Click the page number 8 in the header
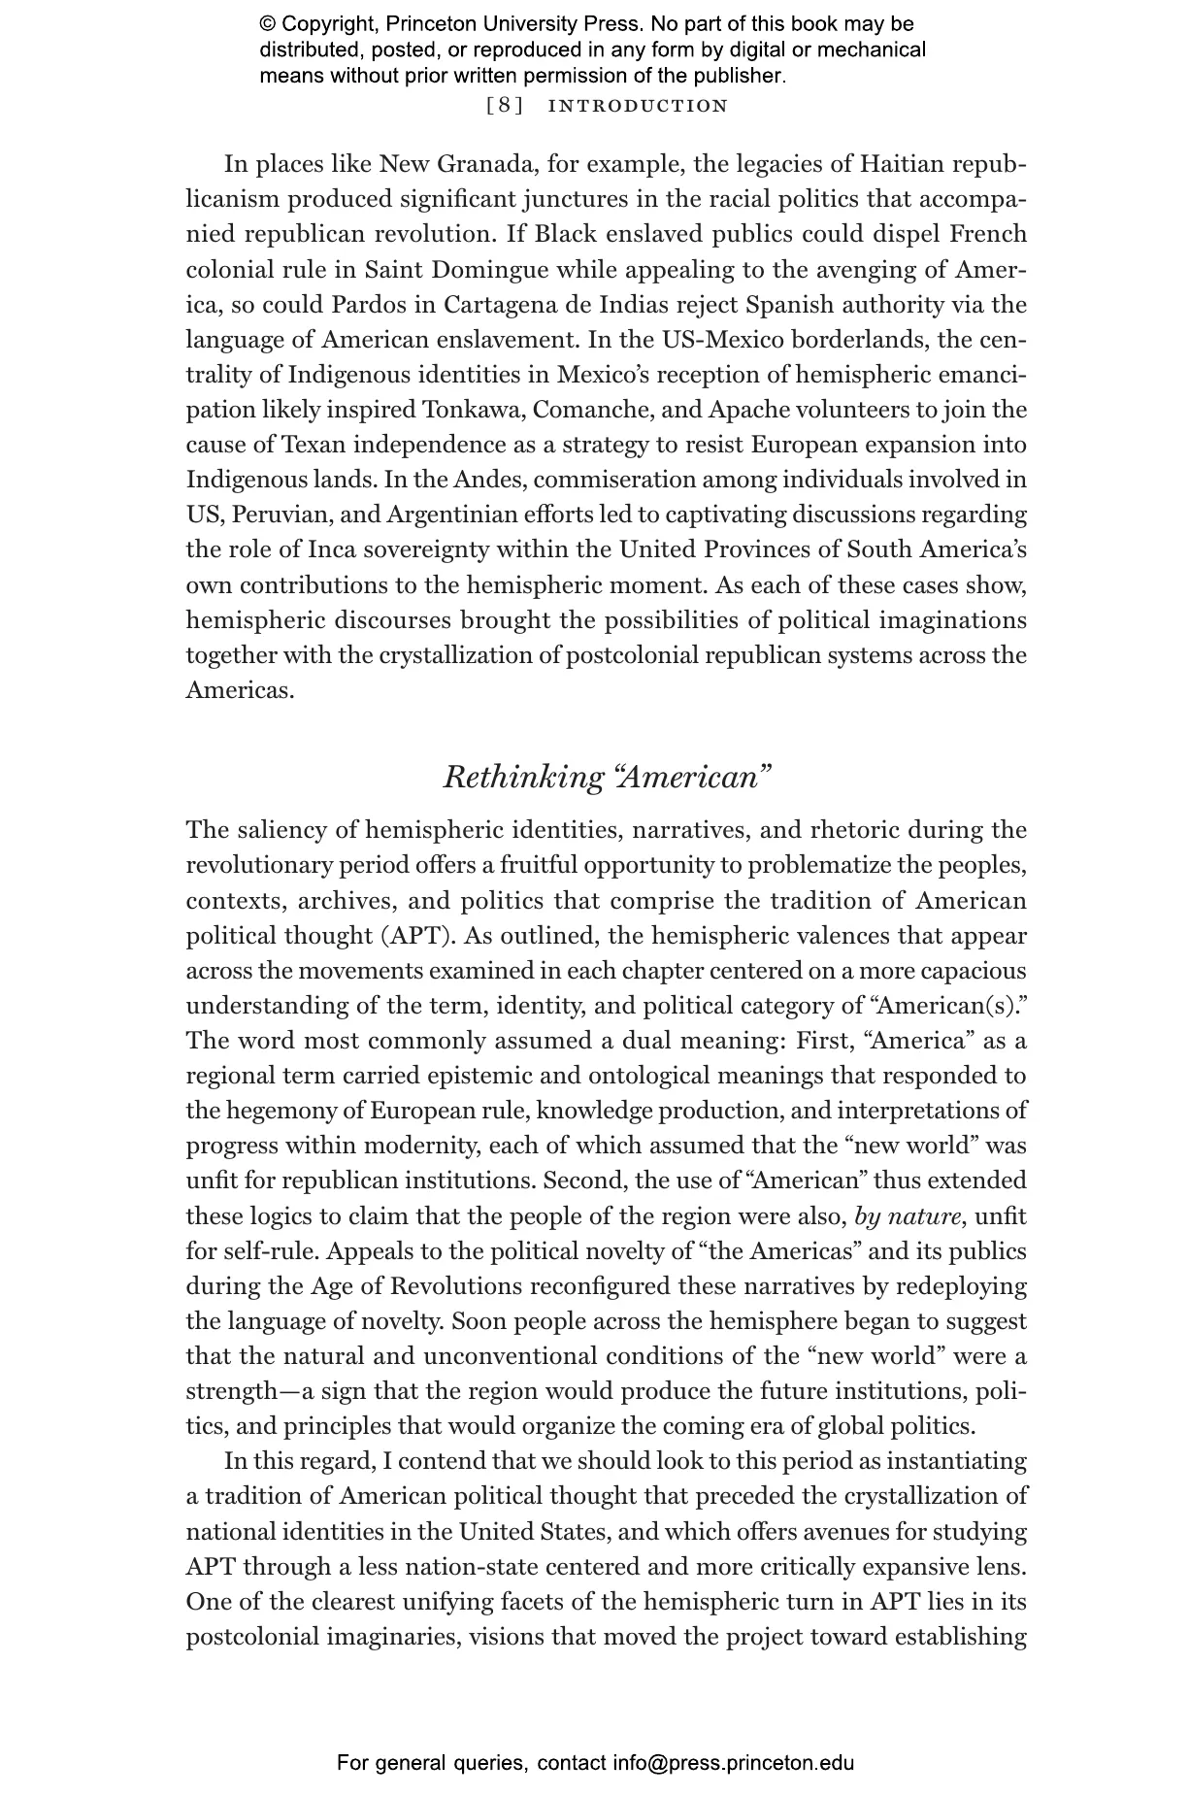coord(505,106)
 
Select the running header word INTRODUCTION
coord(638,106)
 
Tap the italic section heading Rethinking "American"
coord(607,777)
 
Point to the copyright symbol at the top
coord(267,24)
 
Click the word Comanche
coord(593,410)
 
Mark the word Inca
coord(333,549)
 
